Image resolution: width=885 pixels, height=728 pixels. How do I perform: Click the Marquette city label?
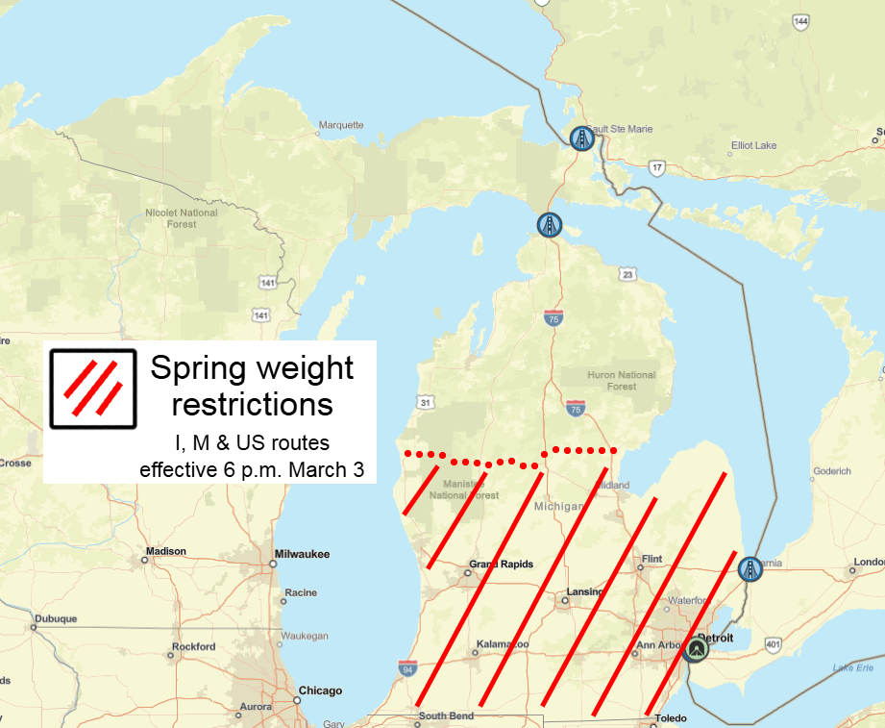point(341,125)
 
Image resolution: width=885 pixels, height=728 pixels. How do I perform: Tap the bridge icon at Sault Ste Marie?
point(580,139)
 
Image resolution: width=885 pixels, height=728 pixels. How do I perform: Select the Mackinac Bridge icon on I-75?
point(549,225)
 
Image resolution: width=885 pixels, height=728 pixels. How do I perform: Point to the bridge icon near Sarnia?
point(750,569)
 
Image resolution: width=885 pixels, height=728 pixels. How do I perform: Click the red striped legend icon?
point(92,387)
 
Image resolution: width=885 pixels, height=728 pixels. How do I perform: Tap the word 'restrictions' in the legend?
point(253,403)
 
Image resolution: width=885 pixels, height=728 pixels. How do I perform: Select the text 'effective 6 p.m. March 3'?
point(253,469)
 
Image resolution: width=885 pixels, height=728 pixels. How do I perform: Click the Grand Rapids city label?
point(501,565)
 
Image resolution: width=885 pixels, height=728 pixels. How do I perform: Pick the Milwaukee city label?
point(301,554)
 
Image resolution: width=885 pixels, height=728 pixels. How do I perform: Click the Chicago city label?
point(320,690)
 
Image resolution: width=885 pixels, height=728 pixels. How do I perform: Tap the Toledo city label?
point(671,718)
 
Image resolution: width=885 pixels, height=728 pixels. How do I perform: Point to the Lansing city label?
point(584,591)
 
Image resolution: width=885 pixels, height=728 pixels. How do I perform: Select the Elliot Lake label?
point(753,145)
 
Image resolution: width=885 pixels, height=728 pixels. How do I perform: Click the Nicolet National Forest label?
point(181,218)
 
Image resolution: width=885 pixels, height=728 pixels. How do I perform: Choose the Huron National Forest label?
point(622,381)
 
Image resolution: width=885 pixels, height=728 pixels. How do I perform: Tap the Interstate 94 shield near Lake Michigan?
point(408,667)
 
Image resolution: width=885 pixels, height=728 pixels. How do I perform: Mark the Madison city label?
point(165,552)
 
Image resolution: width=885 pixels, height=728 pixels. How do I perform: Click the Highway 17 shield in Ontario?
point(657,167)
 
